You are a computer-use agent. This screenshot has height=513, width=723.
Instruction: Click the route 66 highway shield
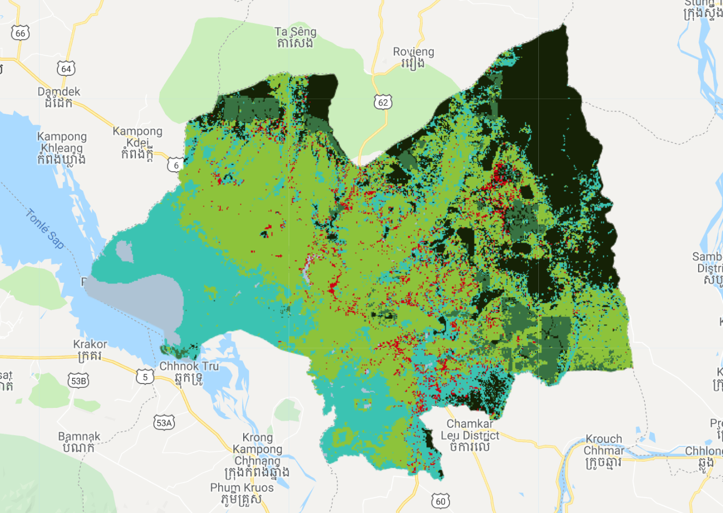coord(20,34)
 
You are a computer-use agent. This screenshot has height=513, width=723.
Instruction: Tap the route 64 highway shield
coord(66,69)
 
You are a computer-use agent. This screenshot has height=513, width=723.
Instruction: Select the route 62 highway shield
coord(383,102)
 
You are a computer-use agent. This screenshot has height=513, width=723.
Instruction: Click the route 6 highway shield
coord(175,165)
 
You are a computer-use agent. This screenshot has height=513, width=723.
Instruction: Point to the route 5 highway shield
coord(145,376)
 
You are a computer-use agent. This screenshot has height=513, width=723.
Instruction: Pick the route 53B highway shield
coord(79,381)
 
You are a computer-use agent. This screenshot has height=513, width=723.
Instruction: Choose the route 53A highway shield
coord(164,423)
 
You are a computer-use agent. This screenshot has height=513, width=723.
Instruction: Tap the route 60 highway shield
coord(441,501)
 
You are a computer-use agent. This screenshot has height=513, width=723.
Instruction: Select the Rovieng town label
coord(413,57)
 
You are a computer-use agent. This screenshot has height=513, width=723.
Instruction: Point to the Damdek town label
coord(58,97)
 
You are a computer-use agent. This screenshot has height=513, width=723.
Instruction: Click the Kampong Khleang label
coord(62,148)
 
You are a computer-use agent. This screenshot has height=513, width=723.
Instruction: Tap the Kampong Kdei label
coord(138,142)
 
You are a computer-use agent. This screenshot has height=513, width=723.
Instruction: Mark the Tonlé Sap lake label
coord(45,229)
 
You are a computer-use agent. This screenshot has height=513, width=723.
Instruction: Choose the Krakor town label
coord(90,350)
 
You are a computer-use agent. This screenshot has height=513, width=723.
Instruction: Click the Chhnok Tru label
coord(189,372)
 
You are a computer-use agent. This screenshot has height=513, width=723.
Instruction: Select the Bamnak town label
coord(79,442)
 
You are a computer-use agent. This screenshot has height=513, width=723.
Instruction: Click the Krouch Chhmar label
coord(603,450)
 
